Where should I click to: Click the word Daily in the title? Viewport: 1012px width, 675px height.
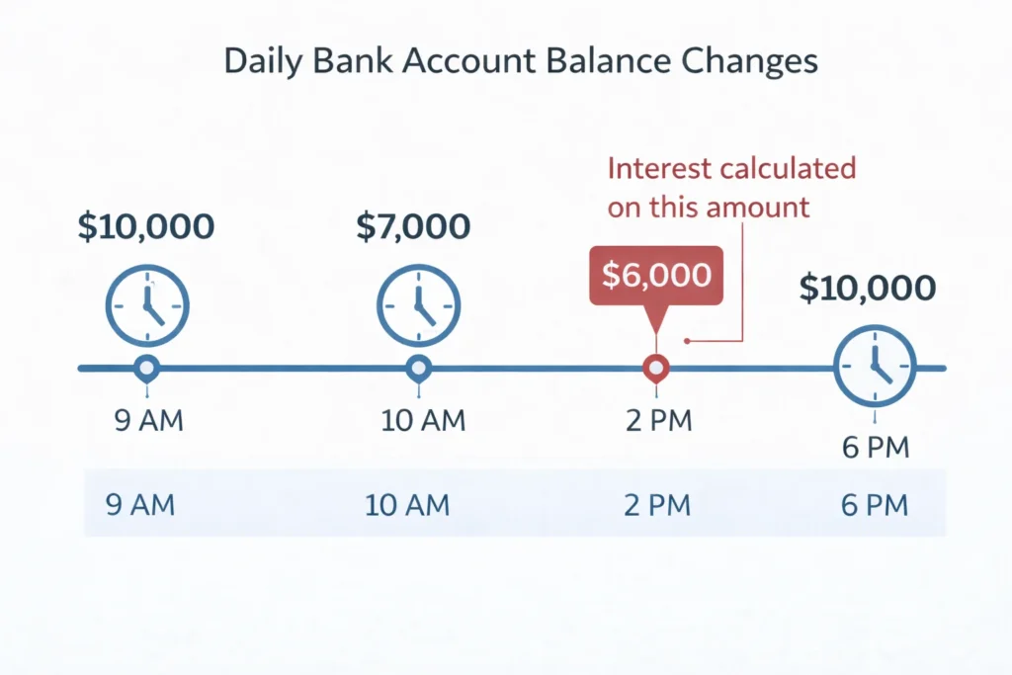(x=261, y=61)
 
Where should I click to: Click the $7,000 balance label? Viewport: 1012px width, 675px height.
(x=413, y=226)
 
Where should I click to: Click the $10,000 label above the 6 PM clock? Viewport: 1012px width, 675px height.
(x=867, y=289)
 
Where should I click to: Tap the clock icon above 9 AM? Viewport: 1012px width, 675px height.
(x=147, y=304)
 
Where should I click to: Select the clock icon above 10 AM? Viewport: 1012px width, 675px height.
(x=418, y=304)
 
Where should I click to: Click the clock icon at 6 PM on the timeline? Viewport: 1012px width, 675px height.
(x=876, y=368)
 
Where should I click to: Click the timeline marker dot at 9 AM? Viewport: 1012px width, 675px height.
(x=147, y=369)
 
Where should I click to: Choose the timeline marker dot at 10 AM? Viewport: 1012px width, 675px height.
(x=418, y=369)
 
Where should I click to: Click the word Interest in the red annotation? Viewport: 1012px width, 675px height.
(x=659, y=169)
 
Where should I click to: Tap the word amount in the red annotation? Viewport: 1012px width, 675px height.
(x=764, y=208)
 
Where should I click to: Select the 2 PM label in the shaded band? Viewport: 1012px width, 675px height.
(x=657, y=506)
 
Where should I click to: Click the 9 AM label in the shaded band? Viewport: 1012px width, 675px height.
(x=139, y=506)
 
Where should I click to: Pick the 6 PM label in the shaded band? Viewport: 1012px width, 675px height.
(x=873, y=506)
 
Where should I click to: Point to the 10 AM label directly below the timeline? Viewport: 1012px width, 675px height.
(x=423, y=422)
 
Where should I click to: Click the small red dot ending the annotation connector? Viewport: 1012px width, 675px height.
(x=686, y=342)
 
